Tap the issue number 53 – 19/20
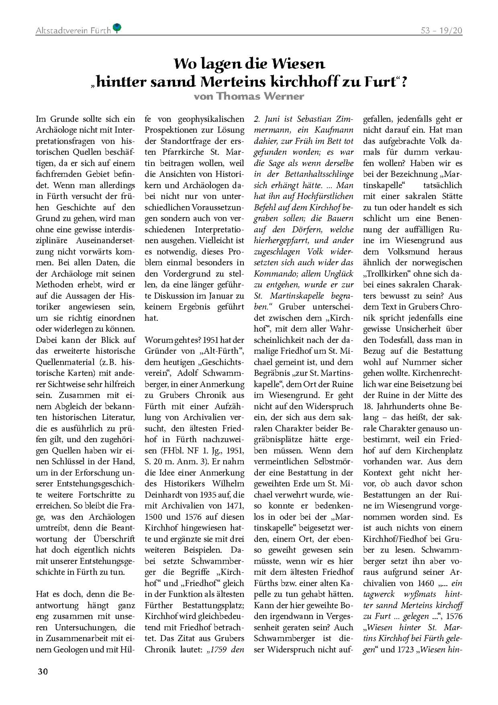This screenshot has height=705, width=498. (x=441, y=30)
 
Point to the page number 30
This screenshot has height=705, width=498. (x=43, y=671)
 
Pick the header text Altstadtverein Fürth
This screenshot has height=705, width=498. (x=73, y=31)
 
